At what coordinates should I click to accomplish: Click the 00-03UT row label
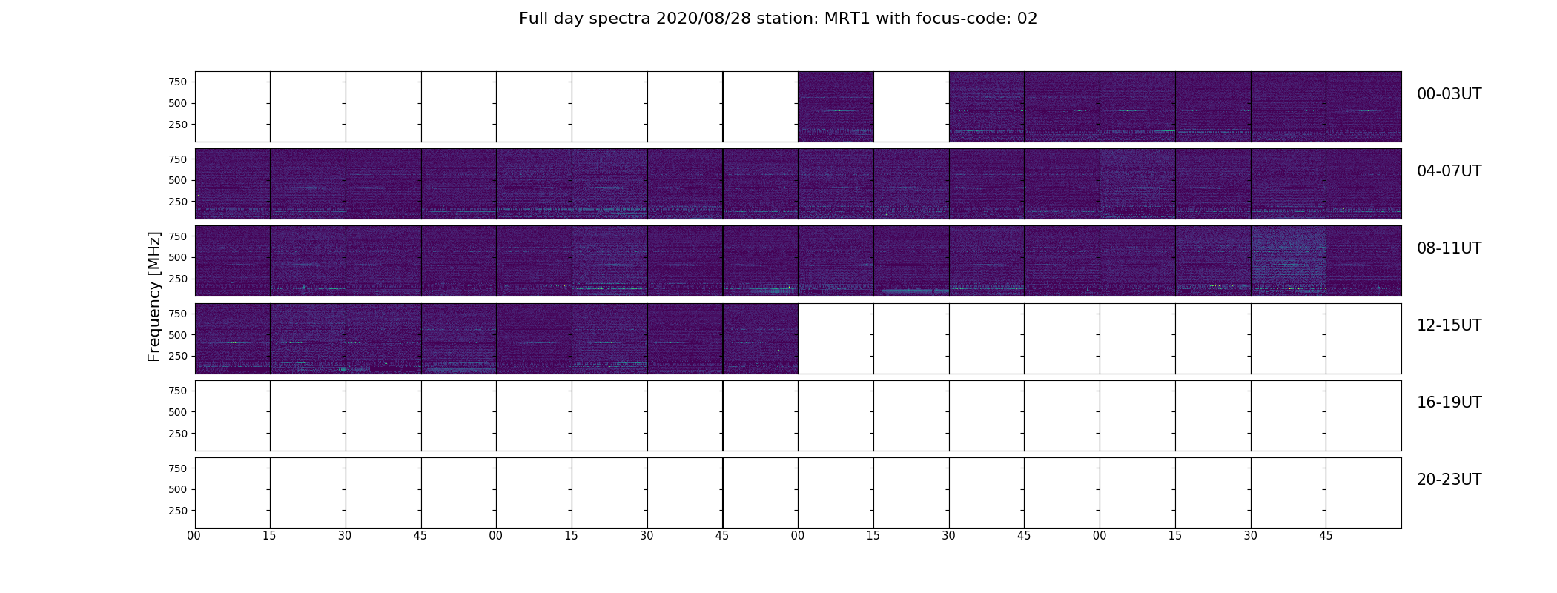pos(1449,94)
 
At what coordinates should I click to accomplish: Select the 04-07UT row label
pos(1449,171)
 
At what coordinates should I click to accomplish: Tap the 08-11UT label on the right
pos(1449,248)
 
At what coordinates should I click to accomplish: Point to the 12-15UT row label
pos(1449,325)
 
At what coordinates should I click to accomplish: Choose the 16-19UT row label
pos(1449,402)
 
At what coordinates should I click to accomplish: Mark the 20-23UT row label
pos(1449,480)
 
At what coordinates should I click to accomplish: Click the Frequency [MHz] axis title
pos(154,296)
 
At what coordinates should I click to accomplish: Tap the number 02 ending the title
pos(1027,19)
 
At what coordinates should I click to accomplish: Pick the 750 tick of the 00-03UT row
pos(178,82)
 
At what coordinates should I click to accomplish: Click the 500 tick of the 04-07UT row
pos(178,180)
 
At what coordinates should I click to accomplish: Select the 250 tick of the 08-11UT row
pos(178,279)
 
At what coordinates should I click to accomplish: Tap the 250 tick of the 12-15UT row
pos(178,356)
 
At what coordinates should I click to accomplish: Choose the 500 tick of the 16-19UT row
pos(178,412)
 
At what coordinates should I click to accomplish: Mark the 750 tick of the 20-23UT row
pos(178,468)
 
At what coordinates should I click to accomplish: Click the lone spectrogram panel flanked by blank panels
pos(836,107)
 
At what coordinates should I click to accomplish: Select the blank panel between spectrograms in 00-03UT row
pos(911,107)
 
